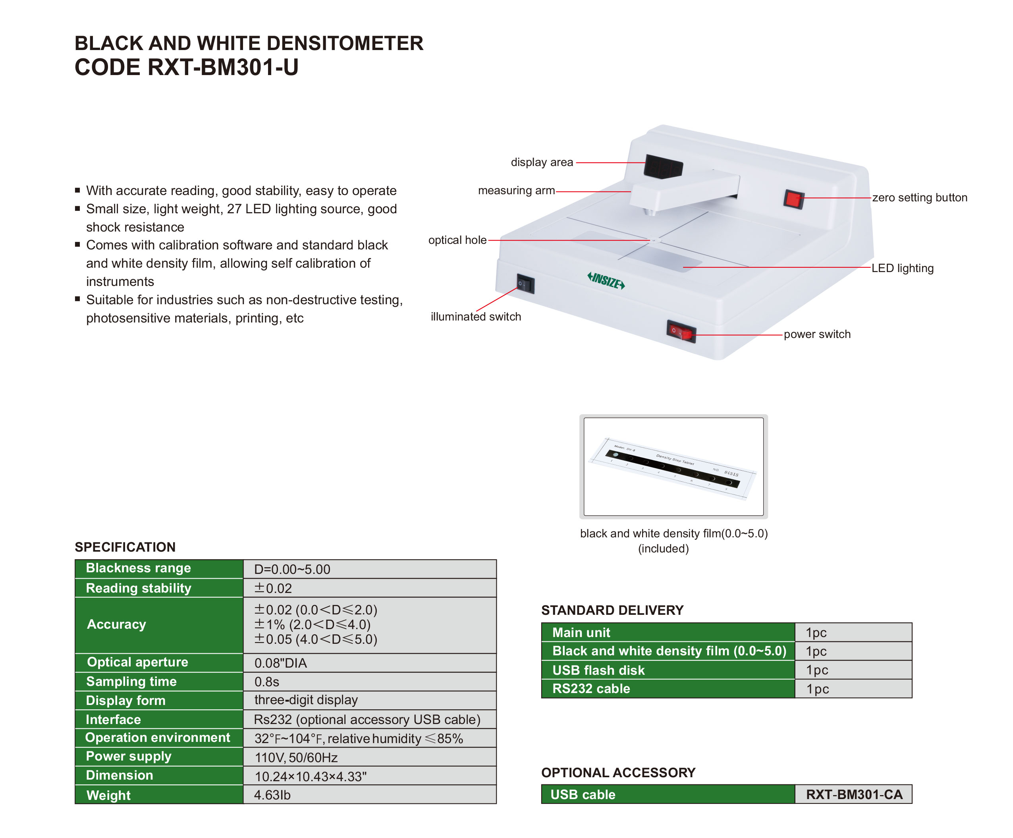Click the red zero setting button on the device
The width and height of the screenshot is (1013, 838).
793,199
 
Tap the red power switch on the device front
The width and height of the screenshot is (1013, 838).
681,332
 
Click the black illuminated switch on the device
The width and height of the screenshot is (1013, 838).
525,284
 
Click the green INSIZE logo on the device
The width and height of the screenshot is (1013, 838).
606,280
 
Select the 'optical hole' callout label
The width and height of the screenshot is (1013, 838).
457,240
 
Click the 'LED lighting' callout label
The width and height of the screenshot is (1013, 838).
902,268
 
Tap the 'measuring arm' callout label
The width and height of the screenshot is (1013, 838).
516,191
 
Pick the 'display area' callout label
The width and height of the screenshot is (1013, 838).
542,162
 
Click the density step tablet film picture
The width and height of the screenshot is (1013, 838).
673,467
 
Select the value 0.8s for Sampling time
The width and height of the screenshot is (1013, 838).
267,682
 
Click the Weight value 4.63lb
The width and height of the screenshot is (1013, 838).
272,795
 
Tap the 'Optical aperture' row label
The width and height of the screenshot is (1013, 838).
137,662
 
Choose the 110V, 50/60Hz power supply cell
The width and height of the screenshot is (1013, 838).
296,757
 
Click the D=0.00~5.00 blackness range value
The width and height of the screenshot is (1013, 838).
292,569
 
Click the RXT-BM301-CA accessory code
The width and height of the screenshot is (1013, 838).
854,795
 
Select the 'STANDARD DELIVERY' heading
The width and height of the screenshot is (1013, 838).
612,610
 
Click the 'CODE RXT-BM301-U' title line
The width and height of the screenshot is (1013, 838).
187,67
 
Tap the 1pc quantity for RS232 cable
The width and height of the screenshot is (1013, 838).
818,689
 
